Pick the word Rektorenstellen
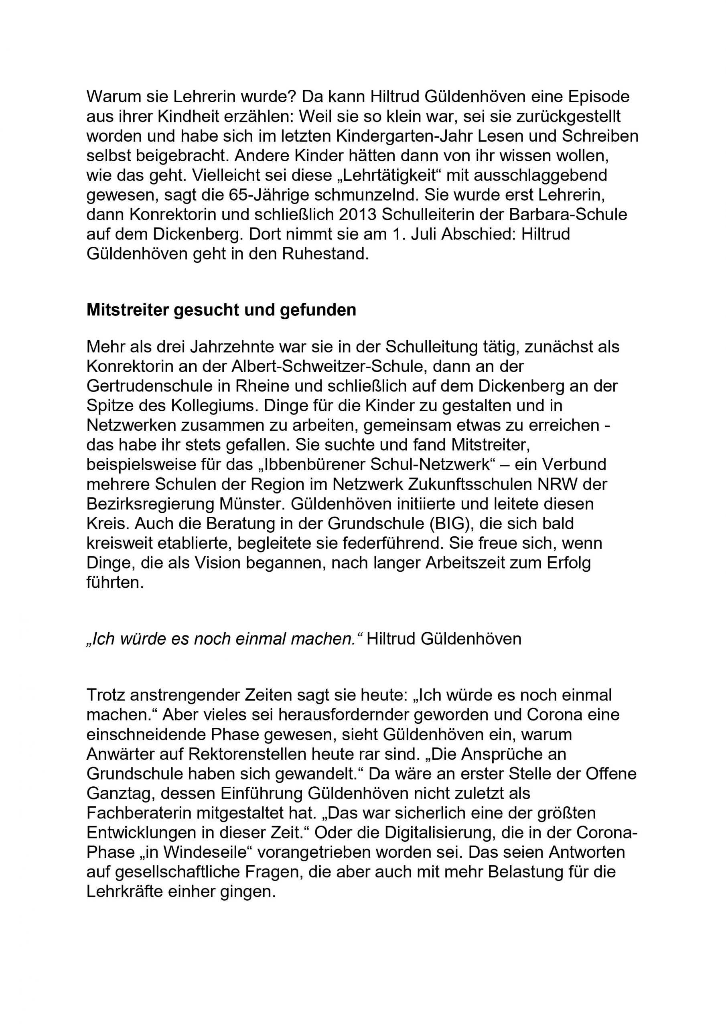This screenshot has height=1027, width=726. [x=260, y=755]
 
